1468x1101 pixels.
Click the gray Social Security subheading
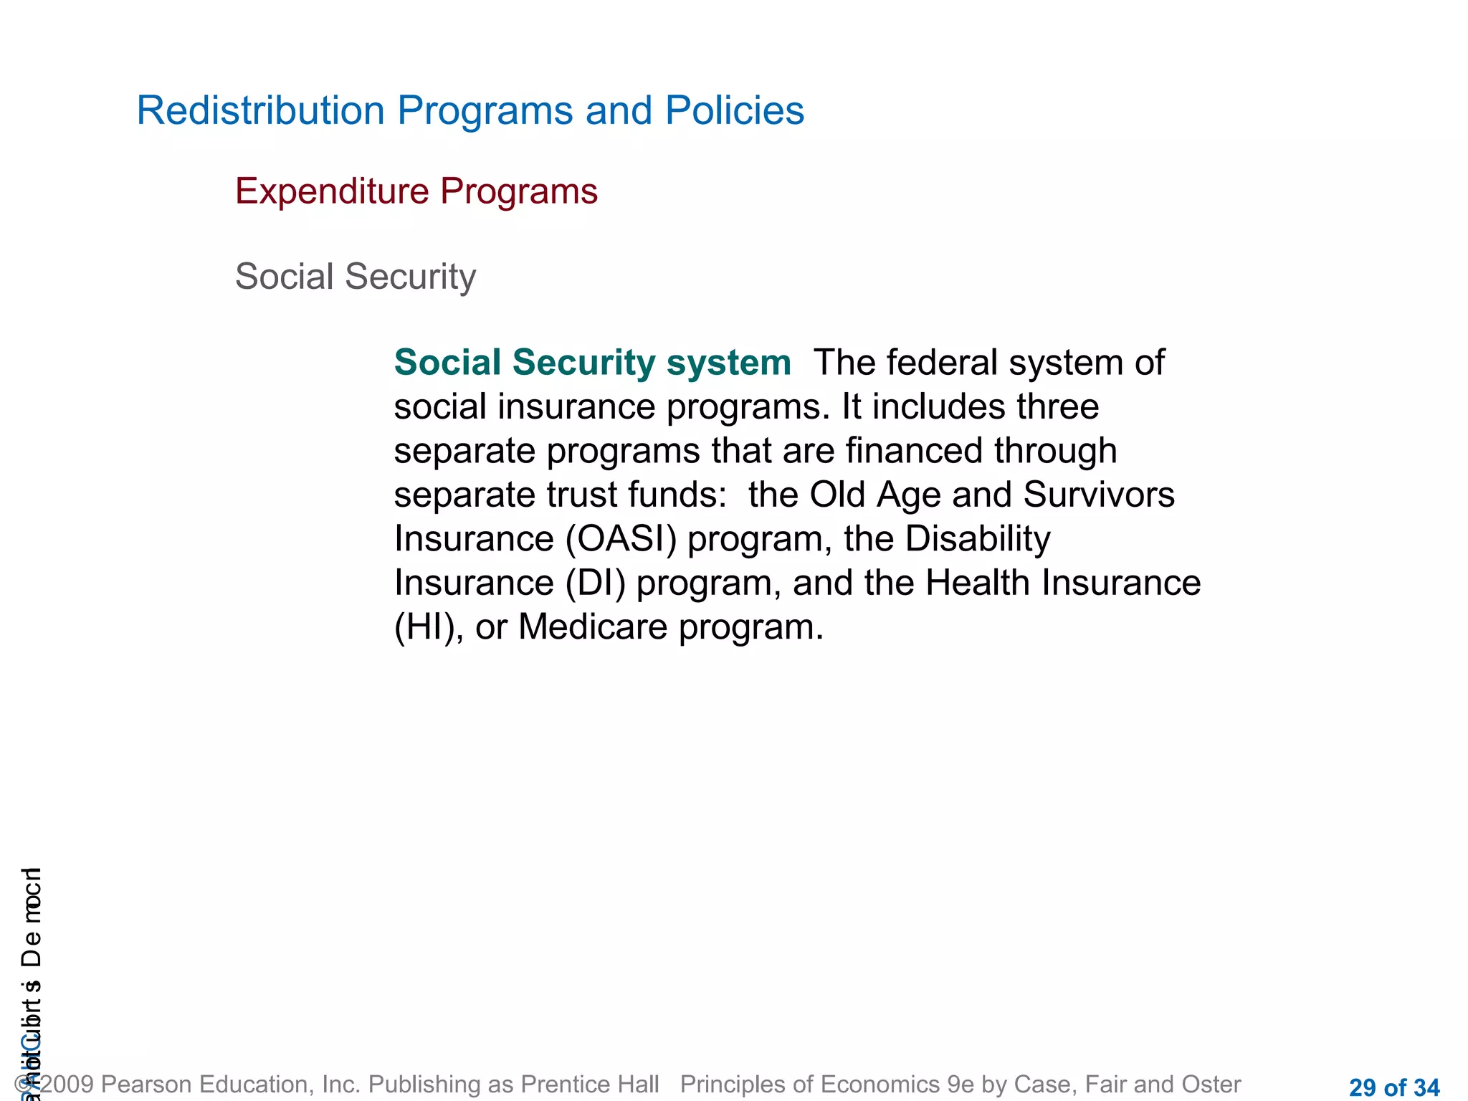356,277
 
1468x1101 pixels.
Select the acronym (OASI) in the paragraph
621,539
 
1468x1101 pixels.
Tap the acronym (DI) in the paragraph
596,583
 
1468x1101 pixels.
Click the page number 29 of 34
1394,1087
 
